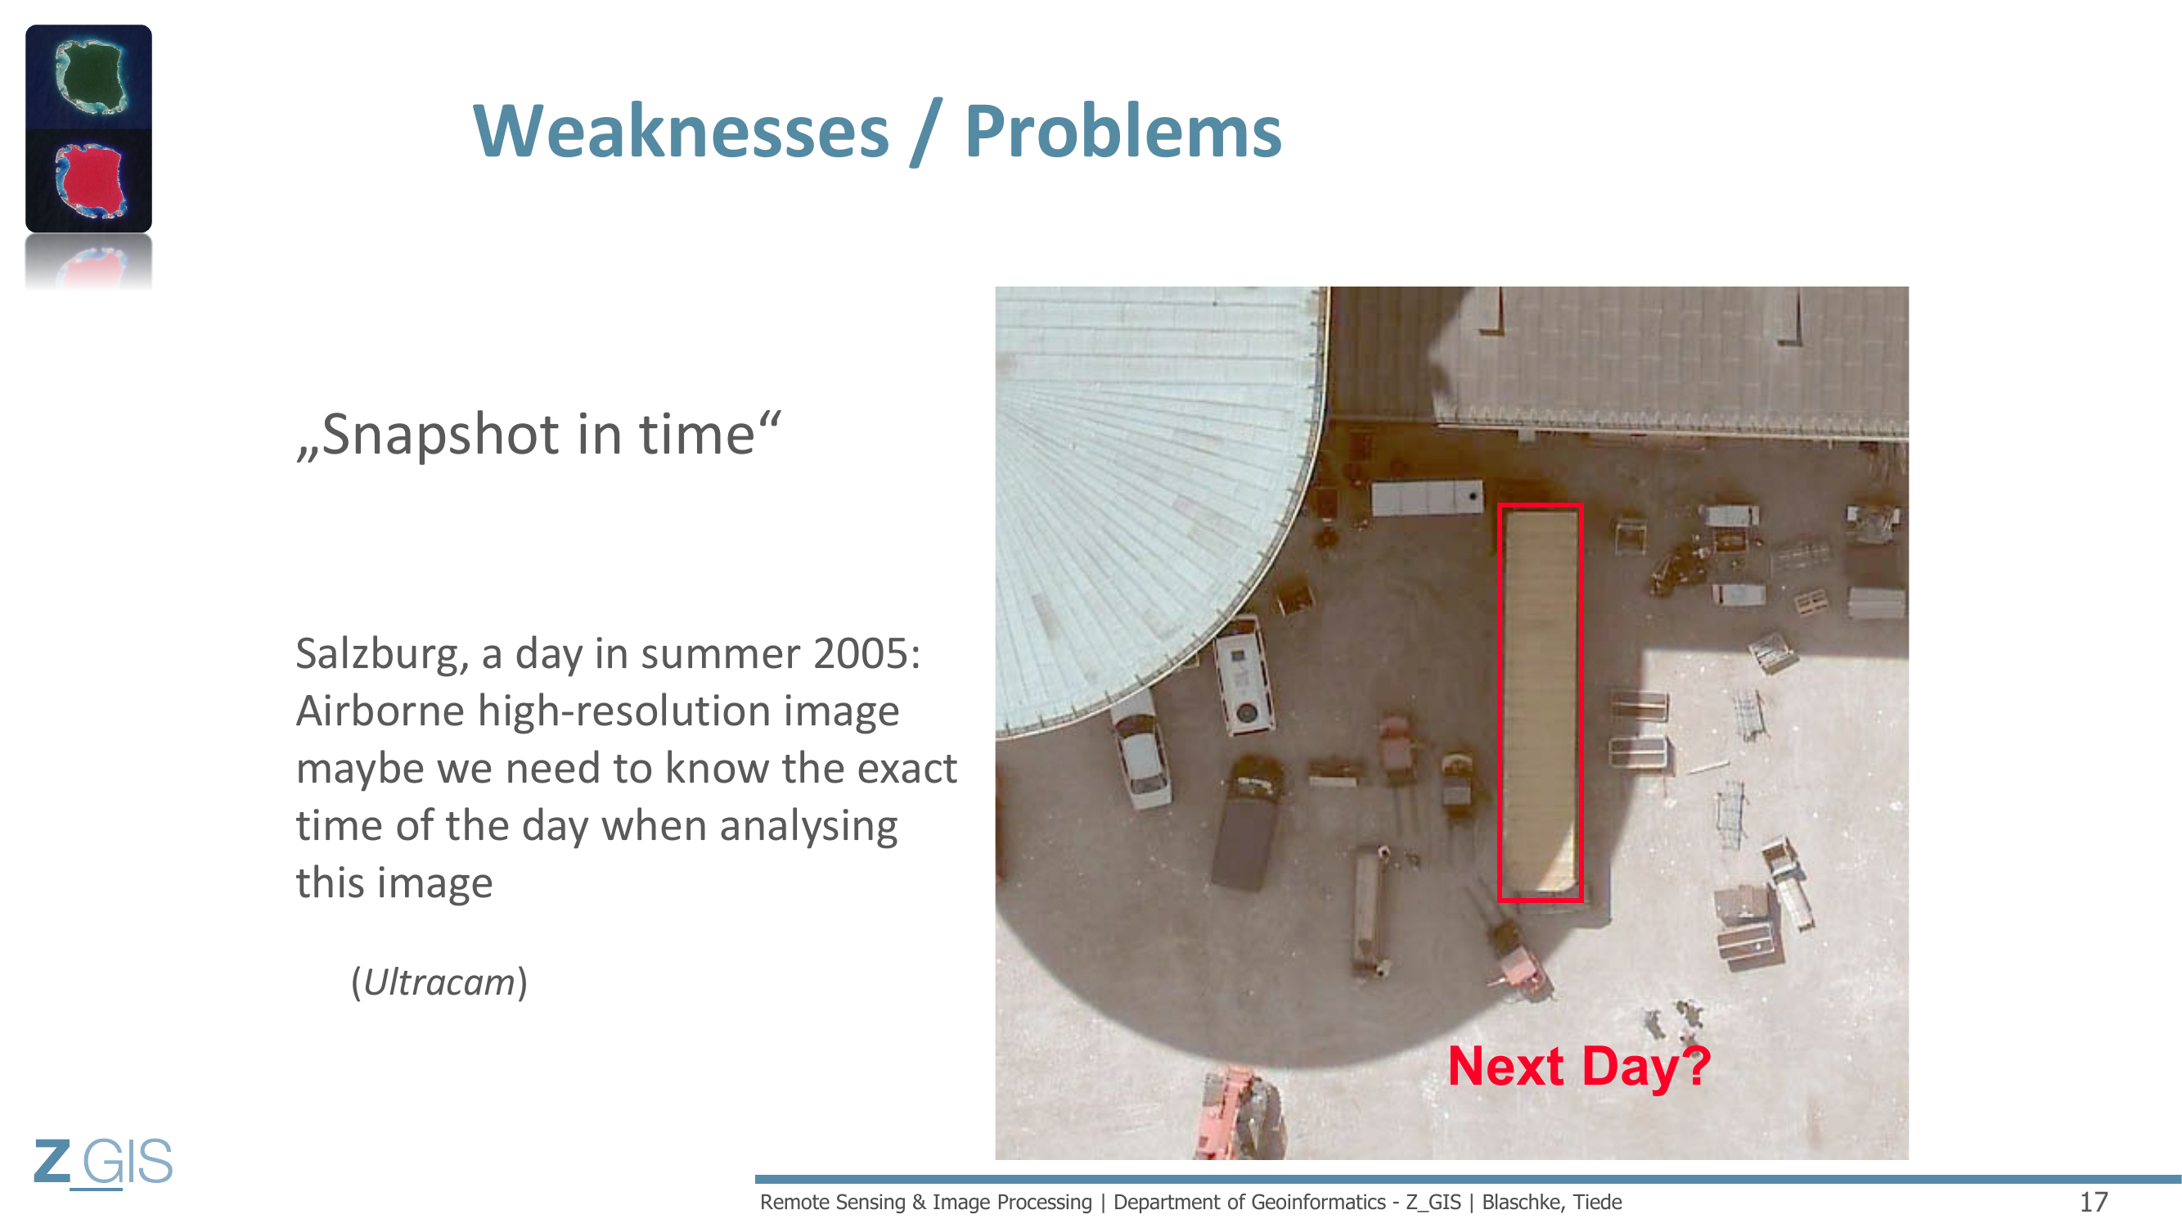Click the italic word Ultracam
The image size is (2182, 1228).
click(439, 982)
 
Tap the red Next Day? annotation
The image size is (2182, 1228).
click(1580, 1066)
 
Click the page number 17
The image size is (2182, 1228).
click(2094, 1202)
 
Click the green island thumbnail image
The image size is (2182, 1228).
click(89, 76)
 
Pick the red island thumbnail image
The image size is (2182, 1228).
click(89, 180)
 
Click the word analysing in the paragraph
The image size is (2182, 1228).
click(808, 827)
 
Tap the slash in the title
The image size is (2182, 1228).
click(927, 132)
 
